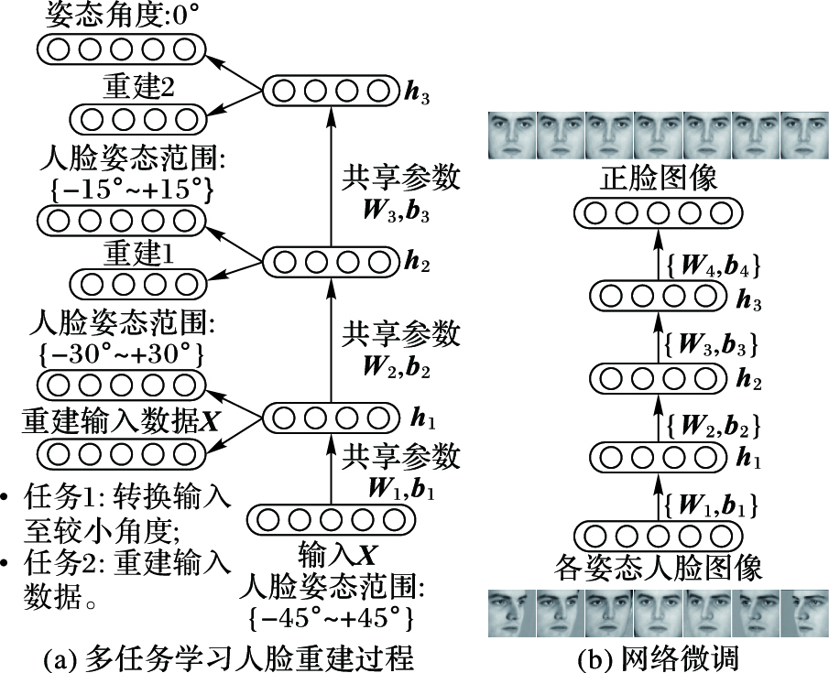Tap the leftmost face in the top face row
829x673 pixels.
510,135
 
